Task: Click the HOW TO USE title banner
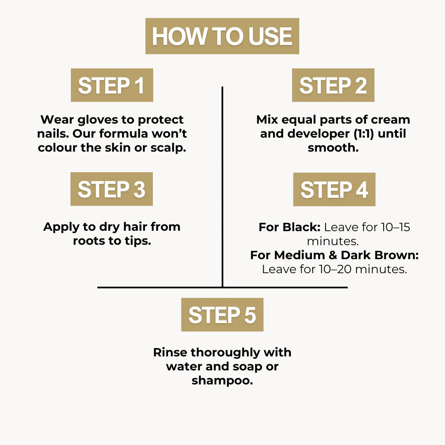222,36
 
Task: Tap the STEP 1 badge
112,85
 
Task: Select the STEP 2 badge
333,85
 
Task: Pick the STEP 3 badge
112,189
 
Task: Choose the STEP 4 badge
334,189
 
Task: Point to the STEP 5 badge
222,315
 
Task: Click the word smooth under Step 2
333,148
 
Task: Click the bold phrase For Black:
290,227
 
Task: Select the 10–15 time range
396,227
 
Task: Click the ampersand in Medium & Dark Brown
333,255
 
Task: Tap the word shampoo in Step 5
222,381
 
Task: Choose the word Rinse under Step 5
170,352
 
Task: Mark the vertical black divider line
222,187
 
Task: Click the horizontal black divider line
222,288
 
